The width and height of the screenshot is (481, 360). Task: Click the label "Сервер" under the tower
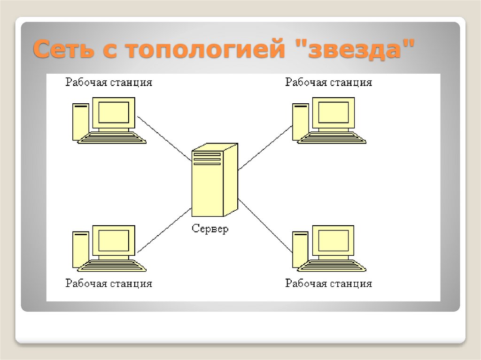pyautogui.click(x=210, y=229)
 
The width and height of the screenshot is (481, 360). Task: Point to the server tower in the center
pyautogui.click(x=214, y=181)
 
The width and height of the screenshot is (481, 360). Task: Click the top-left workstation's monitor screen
pyautogui.click(x=114, y=112)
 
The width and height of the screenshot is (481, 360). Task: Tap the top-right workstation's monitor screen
pyautogui.click(x=334, y=112)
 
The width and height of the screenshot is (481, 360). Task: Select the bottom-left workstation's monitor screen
pyautogui.click(x=114, y=240)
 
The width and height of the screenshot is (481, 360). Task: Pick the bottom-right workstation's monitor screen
pyautogui.click(x=334, y=240)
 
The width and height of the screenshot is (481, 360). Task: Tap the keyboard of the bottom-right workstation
pyautogui.click(x=333, y=266)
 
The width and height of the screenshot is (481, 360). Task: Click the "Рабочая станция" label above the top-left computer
pyautogui.click(x=109, y=83)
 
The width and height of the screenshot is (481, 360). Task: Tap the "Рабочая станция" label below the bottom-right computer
pyautogui.click(x=328, y=283)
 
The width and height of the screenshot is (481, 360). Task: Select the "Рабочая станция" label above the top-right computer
pyautogui.click(x=328, y=83)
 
